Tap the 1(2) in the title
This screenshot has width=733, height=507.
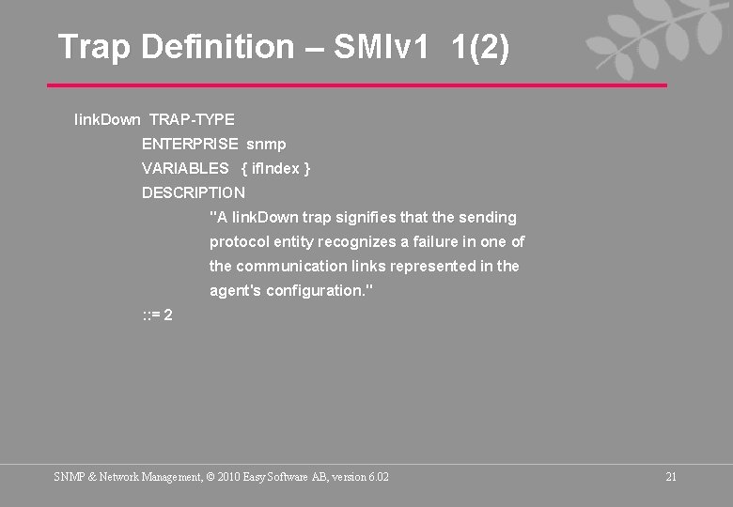(x=479, y=46)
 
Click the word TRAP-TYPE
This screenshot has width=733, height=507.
(x=192, y=119)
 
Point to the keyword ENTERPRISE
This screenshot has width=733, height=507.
(x=189, y=144)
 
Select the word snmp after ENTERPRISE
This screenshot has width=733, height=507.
(x=266, y=144)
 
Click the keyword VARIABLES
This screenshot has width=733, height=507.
(x=185, y=168)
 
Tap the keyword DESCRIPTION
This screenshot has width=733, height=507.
(x=193, y=192)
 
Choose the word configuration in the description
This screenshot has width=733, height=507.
(x=318, y=290)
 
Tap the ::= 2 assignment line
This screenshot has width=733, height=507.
(x=157, y=315)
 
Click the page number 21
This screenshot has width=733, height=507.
(x=671, y=477)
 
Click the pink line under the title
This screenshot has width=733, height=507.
(x=357, y=85)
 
